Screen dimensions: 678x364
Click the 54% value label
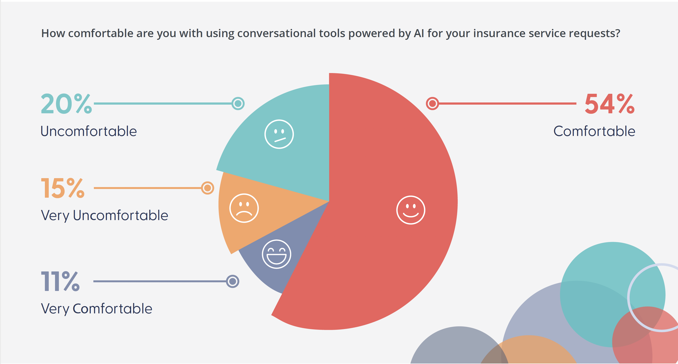(x=609, y=104)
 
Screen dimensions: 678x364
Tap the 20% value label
(x=66, y=104)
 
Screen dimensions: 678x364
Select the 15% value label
(x=63, y=188)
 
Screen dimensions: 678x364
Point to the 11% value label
(x=60, y=281)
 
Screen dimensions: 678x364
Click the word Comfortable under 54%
(x=594, y=131)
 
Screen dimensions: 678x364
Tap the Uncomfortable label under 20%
(x=89, y=131)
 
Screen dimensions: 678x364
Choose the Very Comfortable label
(x=97, y=309)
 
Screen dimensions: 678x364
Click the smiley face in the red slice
(x=411, y=210)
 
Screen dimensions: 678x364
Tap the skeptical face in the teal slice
(x=279, y=134)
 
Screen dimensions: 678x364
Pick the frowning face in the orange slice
(x=244, y=208)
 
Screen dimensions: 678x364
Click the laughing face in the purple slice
(x=276, y=254)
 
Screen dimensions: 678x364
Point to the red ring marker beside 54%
(x=432, y=104)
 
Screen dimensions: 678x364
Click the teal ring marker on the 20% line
(x=238, y=104)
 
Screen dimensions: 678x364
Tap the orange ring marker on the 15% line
(x=208, y=188)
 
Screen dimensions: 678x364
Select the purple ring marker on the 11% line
(x=232, y=281)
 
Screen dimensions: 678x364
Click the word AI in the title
(x=419, y=34)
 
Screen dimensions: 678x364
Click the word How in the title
(x=53, y=34)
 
